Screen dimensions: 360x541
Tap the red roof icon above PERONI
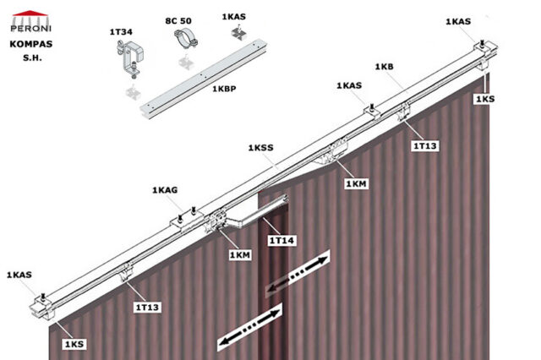point(29,12)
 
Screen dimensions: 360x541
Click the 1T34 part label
point(121,32)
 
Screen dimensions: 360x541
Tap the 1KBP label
point(223,89)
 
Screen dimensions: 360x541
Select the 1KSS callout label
point(260,148)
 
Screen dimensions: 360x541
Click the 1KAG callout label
point(165,191)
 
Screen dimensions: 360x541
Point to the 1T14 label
point(281,242)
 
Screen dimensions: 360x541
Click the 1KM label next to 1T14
point(241,254)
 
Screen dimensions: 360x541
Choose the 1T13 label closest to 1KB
point(424,146)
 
